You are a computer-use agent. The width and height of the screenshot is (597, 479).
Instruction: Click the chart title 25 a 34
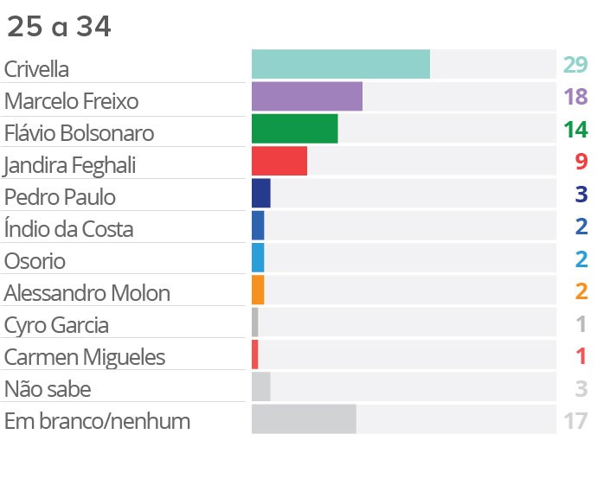click(59, 27)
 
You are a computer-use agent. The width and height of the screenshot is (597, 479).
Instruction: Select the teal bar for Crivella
click(341, 65)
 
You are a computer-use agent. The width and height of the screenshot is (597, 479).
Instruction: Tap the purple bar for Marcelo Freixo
click(306, 97)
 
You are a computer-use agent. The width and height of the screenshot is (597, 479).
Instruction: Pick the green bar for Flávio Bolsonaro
click(294, 129)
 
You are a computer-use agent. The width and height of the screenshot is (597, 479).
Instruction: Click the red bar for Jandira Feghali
click(279, 162)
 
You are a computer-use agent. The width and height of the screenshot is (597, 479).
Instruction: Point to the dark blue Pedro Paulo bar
click(260, 194)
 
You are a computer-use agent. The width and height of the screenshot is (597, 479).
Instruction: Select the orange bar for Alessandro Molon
click(258, 290)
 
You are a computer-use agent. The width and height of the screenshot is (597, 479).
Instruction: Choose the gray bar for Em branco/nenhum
click(304, 418)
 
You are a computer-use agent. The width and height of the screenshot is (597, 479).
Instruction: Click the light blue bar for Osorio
click(258, 258)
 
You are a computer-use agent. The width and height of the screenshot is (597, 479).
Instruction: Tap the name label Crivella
click(36, 69)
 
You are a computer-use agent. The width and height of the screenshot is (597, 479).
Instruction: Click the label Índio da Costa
click(68, 229)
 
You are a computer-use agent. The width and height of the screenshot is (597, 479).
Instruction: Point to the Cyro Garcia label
click(56, 326)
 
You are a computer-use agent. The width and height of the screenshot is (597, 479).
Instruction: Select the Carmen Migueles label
click(84, 357)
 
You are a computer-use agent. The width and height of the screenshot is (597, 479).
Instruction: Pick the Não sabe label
click(47, 389)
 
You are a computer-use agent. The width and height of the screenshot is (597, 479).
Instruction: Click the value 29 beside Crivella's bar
click(575, 65)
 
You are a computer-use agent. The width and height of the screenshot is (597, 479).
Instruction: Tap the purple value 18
click(575, 97)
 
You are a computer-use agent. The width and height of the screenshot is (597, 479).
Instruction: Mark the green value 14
click(575, 130)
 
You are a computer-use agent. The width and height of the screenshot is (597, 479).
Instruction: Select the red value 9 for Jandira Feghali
click(581, 162)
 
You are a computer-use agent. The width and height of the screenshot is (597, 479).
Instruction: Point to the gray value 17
click(575, 422)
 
